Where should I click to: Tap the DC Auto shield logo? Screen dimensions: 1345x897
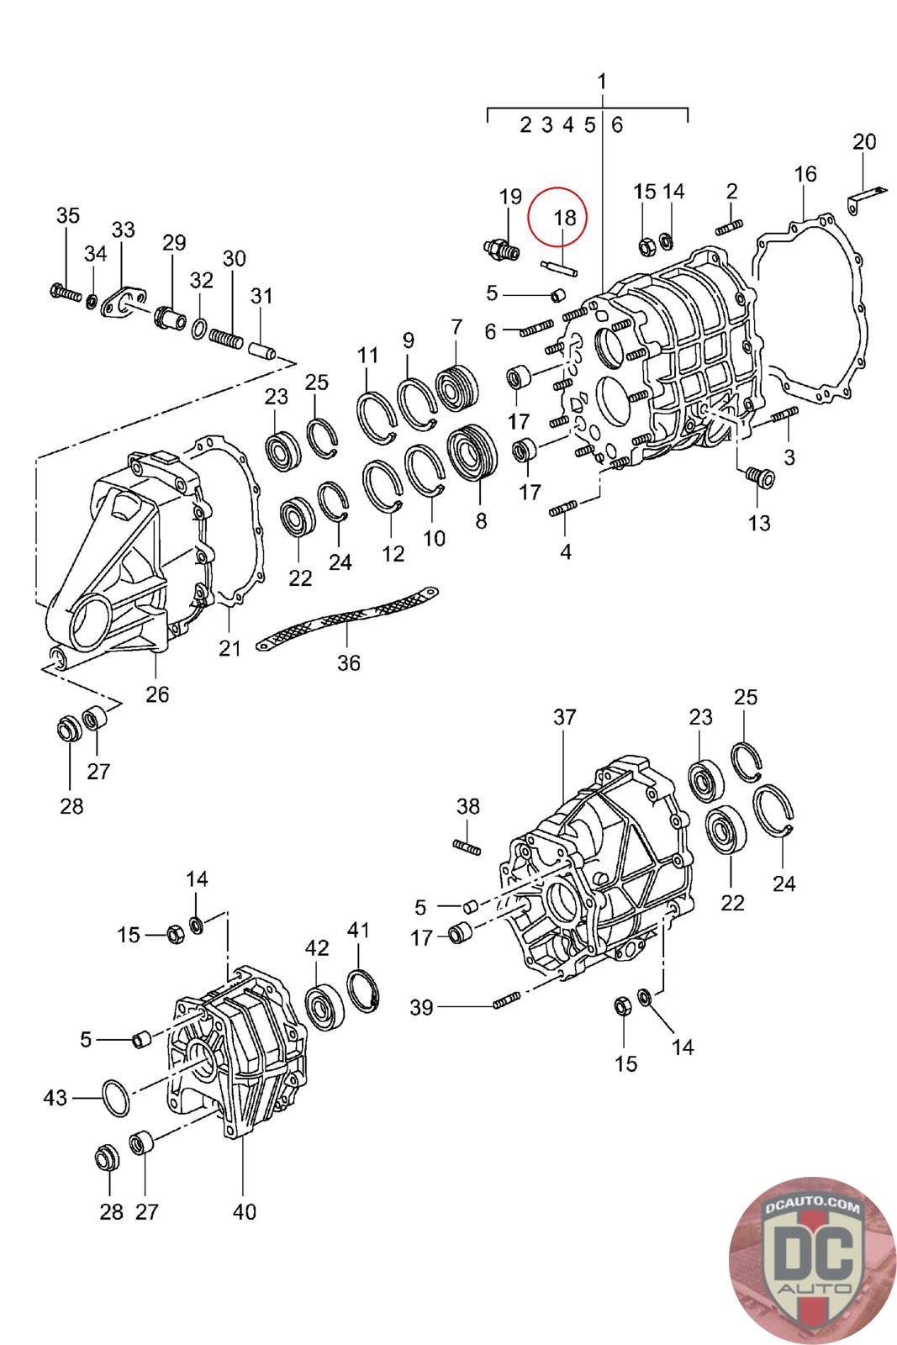pyautogui.click(x=811, y=1259)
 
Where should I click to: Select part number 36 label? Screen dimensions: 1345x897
pyautogui.click(x=348, y=663)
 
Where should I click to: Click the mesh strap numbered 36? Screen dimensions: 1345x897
pyautogui.click(x=346, y=618)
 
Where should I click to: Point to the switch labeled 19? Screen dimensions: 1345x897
pyautogui.click(x=503, y=248)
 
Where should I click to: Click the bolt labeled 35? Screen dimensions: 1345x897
pyautogui.click(x=65, y=294)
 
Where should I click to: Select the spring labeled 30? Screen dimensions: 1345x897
pyautogui.click(x=225, y=339)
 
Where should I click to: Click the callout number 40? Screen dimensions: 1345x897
pyautogui.click(x=244, y=1212)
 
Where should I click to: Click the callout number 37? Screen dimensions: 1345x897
pyautogui.click(x=565, y=717)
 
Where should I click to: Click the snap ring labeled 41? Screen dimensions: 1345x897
pyautogui.click(x=364, y=989)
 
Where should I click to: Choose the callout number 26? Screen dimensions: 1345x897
pyautogui.click(x=157, y=694)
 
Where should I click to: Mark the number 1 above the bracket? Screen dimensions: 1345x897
pyautogui.click(x=602, y=82)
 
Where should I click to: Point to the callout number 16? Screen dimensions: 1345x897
pyautogui.click(x=805, y=174)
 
